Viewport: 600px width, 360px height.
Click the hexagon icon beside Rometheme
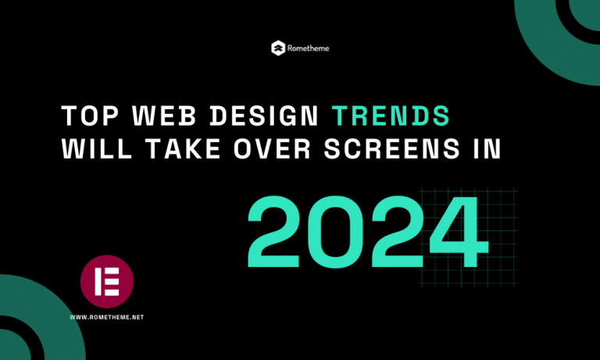coord(278,48)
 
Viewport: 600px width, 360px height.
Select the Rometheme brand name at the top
coord(308,48)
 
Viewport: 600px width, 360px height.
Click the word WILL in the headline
coord(97,148)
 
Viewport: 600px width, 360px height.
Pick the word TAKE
coord(184,148)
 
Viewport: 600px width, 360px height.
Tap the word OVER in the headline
coord(272,148)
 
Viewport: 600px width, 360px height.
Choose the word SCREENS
coord(392,148)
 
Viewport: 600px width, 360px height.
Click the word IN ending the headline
coord(487,148)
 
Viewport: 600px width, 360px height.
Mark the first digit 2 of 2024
coord(273,231)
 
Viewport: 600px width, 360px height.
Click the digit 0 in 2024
coord(336,232)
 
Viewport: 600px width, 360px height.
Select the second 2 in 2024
coord(398,231)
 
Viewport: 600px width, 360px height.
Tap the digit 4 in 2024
coord(459,232)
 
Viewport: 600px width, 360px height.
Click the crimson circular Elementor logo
coord(107,282)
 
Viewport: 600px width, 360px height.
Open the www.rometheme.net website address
coord(107,317)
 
